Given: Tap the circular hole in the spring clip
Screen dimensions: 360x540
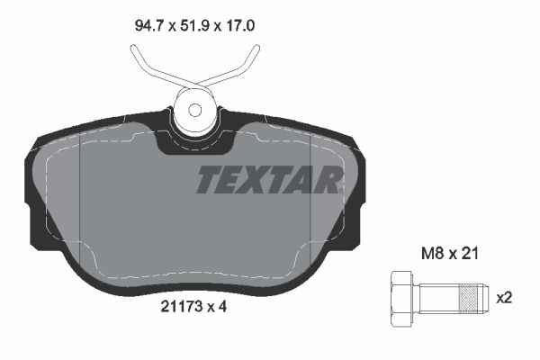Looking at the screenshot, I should coord(197,112).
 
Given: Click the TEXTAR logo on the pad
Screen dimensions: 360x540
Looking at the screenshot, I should coord(268,180).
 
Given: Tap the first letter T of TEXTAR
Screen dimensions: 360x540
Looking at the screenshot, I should coord(209,180).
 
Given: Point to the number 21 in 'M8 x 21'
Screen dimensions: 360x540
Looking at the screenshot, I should coord(469,255).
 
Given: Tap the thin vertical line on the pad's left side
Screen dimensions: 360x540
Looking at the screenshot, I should coord(81,207).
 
